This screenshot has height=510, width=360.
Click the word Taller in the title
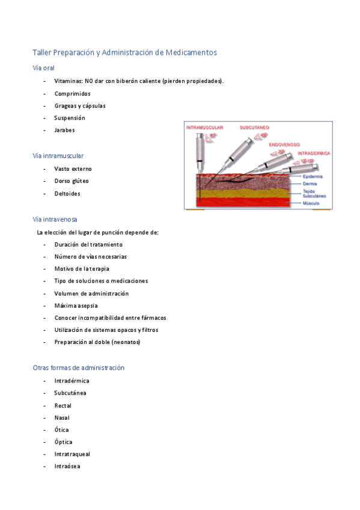click(41, 53)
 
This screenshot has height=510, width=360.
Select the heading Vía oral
click(43, 68)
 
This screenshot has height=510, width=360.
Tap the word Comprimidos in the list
click(72, 93)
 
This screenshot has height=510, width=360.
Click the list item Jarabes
click(64, 130)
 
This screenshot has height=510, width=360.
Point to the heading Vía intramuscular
click(58, 156)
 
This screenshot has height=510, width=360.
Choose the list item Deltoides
click(67, 194)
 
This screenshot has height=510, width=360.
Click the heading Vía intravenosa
click(55, 220)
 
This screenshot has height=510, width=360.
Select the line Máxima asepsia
click(76, 306)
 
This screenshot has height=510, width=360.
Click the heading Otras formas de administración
click(78, 367)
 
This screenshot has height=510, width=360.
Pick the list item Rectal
click(63, 405)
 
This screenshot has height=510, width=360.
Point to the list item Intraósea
click(67, 466)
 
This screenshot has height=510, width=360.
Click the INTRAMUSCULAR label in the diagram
click(205, 128)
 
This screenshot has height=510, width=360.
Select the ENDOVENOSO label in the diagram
click(285, 145)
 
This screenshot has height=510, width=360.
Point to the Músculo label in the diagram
click(311, 203)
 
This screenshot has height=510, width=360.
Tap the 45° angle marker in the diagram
click(264, 136)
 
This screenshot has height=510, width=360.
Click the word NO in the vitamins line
click(88, 81)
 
